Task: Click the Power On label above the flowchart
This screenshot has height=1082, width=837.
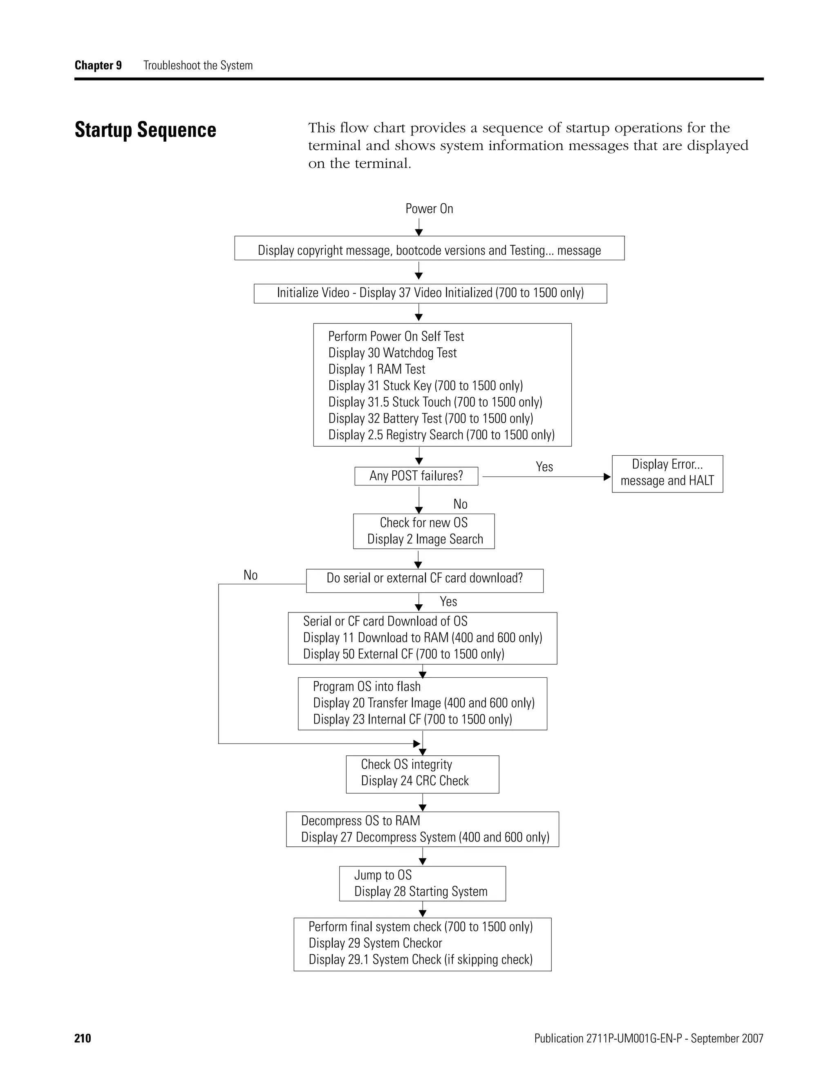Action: click(x=429, y=209)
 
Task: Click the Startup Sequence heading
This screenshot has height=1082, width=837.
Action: click(x=145, y=130)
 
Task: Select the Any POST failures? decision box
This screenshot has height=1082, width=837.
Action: click(x=416, y=476)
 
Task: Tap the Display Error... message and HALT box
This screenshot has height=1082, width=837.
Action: click(x=667, y=473)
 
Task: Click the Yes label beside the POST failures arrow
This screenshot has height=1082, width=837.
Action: click(x=544, y=467)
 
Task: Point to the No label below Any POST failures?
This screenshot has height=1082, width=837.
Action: click(x=460, y=504)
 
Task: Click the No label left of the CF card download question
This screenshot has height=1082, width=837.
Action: click(x=251, y=575)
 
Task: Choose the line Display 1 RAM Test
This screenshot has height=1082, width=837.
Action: click(x=376, y=370)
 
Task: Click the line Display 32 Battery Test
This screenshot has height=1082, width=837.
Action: click(x=430, y=419)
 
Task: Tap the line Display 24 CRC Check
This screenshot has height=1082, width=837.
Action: click(x=414, y=781)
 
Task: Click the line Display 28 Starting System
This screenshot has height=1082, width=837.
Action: click(x=421, y=892)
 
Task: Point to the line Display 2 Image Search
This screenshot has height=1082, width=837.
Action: click(x=425, y=539)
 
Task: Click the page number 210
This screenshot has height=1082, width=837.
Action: click(x=83, y=1038)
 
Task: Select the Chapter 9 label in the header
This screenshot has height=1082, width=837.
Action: click(x=98, y=65)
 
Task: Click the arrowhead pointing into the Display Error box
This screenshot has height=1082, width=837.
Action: click(x=607, y=477)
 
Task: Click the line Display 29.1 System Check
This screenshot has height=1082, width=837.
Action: click(x=420, y=960)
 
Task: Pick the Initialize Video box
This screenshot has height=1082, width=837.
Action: click(x=430, y=293)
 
